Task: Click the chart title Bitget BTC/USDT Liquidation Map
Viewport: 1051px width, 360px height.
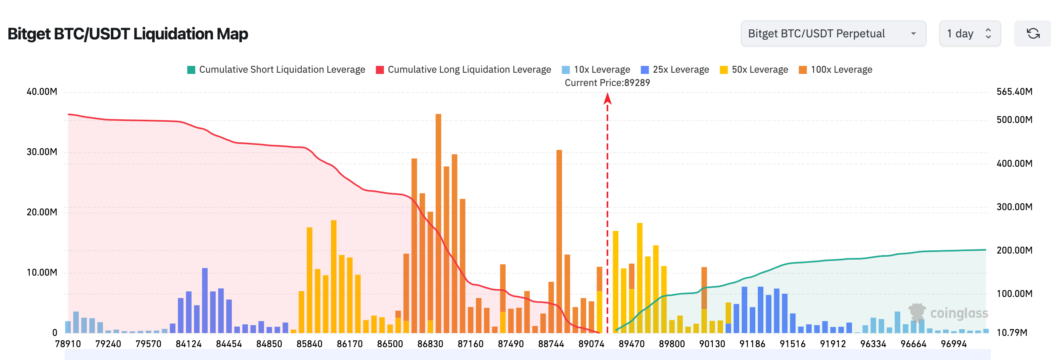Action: pos(128,34)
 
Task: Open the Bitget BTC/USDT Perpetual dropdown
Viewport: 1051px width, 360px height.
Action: pos(833,33)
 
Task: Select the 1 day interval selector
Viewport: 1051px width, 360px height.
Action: pos(969,33)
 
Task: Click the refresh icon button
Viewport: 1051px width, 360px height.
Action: pos(1033,33)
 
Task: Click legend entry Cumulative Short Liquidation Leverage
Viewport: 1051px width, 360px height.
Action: pos(276,70)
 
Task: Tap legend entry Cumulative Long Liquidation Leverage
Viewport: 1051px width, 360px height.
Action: pos(464,70)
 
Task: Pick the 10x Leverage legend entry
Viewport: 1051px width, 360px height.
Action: pos(596,70)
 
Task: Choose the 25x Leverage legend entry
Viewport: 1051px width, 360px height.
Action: pos(675,70)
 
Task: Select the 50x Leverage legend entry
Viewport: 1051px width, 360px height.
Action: pos(754,70)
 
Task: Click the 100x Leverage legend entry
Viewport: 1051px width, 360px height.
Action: pos(836,70)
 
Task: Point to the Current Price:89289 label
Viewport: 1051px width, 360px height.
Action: pos(607,83)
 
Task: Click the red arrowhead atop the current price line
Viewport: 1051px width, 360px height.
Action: pos(607,98)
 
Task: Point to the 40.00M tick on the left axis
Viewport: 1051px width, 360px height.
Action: pos(42,92)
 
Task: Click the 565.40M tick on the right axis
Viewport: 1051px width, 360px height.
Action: pos(1014,92)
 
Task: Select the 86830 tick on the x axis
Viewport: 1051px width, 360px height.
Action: pos(430,344)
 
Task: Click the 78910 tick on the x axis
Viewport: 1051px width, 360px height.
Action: pos(68,344)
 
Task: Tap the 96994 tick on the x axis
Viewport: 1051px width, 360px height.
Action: pos(953,344)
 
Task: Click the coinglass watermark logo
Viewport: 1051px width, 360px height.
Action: pos(948,313)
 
